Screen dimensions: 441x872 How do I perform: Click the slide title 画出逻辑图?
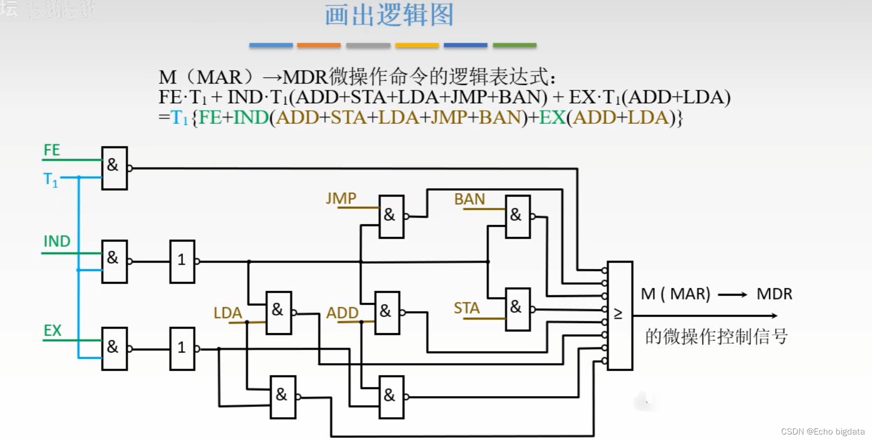[389, 15]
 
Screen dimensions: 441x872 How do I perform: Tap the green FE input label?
[51, 150]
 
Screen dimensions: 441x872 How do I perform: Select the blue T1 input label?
[50, 179]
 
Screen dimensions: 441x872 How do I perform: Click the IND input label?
[57, 241]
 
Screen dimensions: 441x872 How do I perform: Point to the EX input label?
[52, 330]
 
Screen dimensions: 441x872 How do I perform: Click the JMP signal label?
[341, 198]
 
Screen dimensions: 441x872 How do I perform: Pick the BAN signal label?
[469, 199]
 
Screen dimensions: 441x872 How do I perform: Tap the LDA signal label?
[228, 313]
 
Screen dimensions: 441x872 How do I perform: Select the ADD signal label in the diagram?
[342, 313]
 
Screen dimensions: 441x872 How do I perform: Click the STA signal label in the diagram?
[467, 308]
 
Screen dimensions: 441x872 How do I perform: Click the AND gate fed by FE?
[114, 168]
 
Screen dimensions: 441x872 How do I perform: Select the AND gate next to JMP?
[391, 216]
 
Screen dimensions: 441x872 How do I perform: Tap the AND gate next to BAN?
[518, 216]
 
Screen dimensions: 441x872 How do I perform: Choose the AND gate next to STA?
[518, 309]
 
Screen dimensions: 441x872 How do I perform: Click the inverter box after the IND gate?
[182, 261]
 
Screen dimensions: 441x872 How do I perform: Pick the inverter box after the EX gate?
[182, 349]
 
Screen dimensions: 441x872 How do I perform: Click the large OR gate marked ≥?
[620, 315]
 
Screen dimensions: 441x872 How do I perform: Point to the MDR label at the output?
[774, 294]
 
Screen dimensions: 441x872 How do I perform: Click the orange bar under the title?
[318, 45]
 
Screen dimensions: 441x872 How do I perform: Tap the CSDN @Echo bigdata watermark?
[823, 432]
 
